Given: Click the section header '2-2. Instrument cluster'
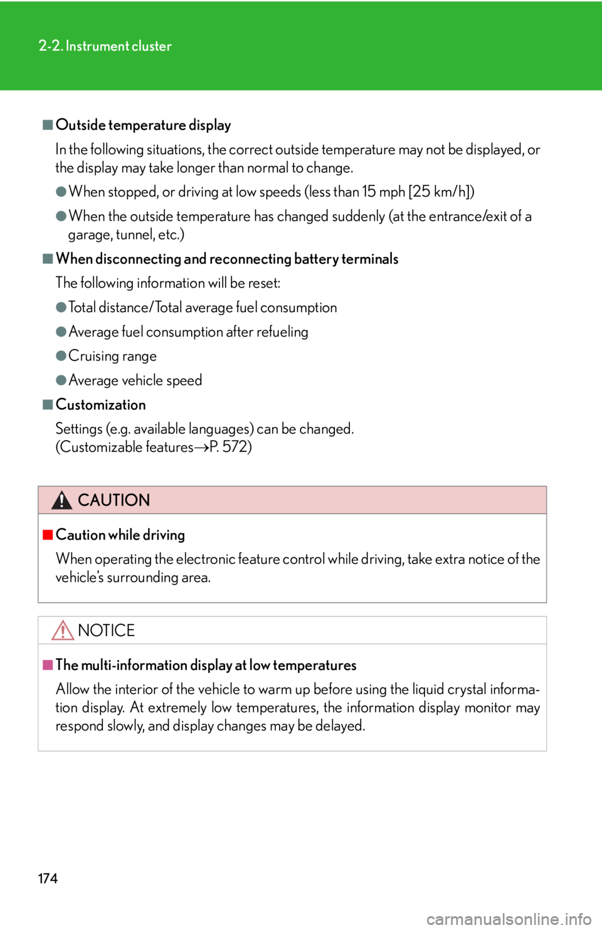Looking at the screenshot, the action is pyautogui.click(x=105, y=46).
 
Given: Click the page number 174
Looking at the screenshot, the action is pyautogui.click(x=48, y=878).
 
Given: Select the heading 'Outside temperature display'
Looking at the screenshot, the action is pyautogui.click(x=144, y=125).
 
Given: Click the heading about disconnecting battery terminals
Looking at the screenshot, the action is pyautogui.click(x=227, y=259).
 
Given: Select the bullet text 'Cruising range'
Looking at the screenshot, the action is pyautogui.click(x=113, y=356).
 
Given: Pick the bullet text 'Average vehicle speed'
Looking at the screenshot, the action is pyautogui.click(x=135, y=380).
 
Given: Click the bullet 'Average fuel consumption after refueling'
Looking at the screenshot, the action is pyautogui.click(x=188, y=332).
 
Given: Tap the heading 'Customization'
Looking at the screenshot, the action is pyautogui.click(x=100, y=405).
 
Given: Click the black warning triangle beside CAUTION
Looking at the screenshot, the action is pyautogui.click(x=62, y=500).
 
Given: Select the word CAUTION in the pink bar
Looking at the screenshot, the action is pyautogui.click(x=114, y=500).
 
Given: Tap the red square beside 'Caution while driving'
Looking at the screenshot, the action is pyautogui.click(x=48, y=535).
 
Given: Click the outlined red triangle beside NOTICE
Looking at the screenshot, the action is pyautogui.click(x=63, y=630).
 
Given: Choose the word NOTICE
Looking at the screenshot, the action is pyautogui.click(x=107, y=630).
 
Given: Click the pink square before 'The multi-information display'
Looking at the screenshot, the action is pyautogui.click(x=48, y=665).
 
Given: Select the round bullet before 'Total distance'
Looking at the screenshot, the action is pyautogui.click(x=61, y=308).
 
